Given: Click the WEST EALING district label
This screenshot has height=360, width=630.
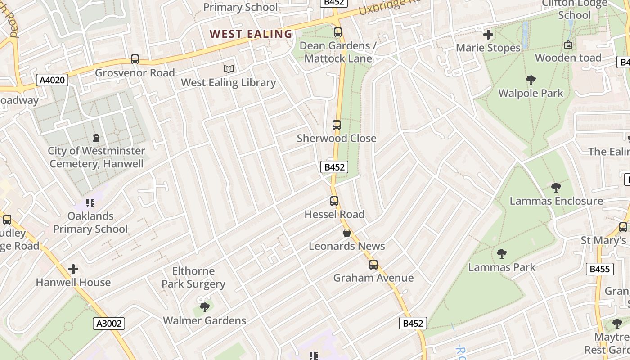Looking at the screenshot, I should [x=251, y=34].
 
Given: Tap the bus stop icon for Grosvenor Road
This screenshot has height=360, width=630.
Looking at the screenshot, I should [x=135, y=59].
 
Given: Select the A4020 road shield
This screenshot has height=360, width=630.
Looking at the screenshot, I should [x=52, y=81].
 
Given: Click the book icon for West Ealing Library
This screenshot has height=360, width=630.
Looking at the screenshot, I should [x=229, y=69].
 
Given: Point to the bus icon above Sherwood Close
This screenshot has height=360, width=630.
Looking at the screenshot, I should [x=337, y=125].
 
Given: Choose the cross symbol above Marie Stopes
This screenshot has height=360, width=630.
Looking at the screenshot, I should [x=488, y=35].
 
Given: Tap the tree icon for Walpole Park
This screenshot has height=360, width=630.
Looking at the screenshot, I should [x=531, y=81].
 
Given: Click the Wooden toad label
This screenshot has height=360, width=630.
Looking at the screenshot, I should [x=568, y=58].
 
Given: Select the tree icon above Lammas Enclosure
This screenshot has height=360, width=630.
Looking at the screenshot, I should [x=556, y=188].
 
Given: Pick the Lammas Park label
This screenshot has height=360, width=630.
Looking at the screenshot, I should [x=502, y=267].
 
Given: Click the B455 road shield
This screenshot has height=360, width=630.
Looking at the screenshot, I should [x=600, y=270].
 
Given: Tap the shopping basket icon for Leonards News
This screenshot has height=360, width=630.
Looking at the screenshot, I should [x=347, y=233].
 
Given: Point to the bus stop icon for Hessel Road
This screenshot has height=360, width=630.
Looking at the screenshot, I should [x=334, y=201].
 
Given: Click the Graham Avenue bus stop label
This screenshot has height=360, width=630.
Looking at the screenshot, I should [x=373, y=278].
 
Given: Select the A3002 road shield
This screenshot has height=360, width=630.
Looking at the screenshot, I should [x=108, y=323].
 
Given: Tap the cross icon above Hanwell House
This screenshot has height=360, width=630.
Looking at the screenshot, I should [x=73, y=270].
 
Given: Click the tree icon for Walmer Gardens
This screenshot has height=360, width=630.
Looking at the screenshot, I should [x=205, y=307].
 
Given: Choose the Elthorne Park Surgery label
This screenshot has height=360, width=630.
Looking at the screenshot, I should [x=193, y=277].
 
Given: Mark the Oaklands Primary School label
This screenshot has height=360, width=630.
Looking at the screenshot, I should [x=90, y=222].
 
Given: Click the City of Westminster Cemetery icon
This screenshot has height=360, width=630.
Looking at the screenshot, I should [x=96, y=138].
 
